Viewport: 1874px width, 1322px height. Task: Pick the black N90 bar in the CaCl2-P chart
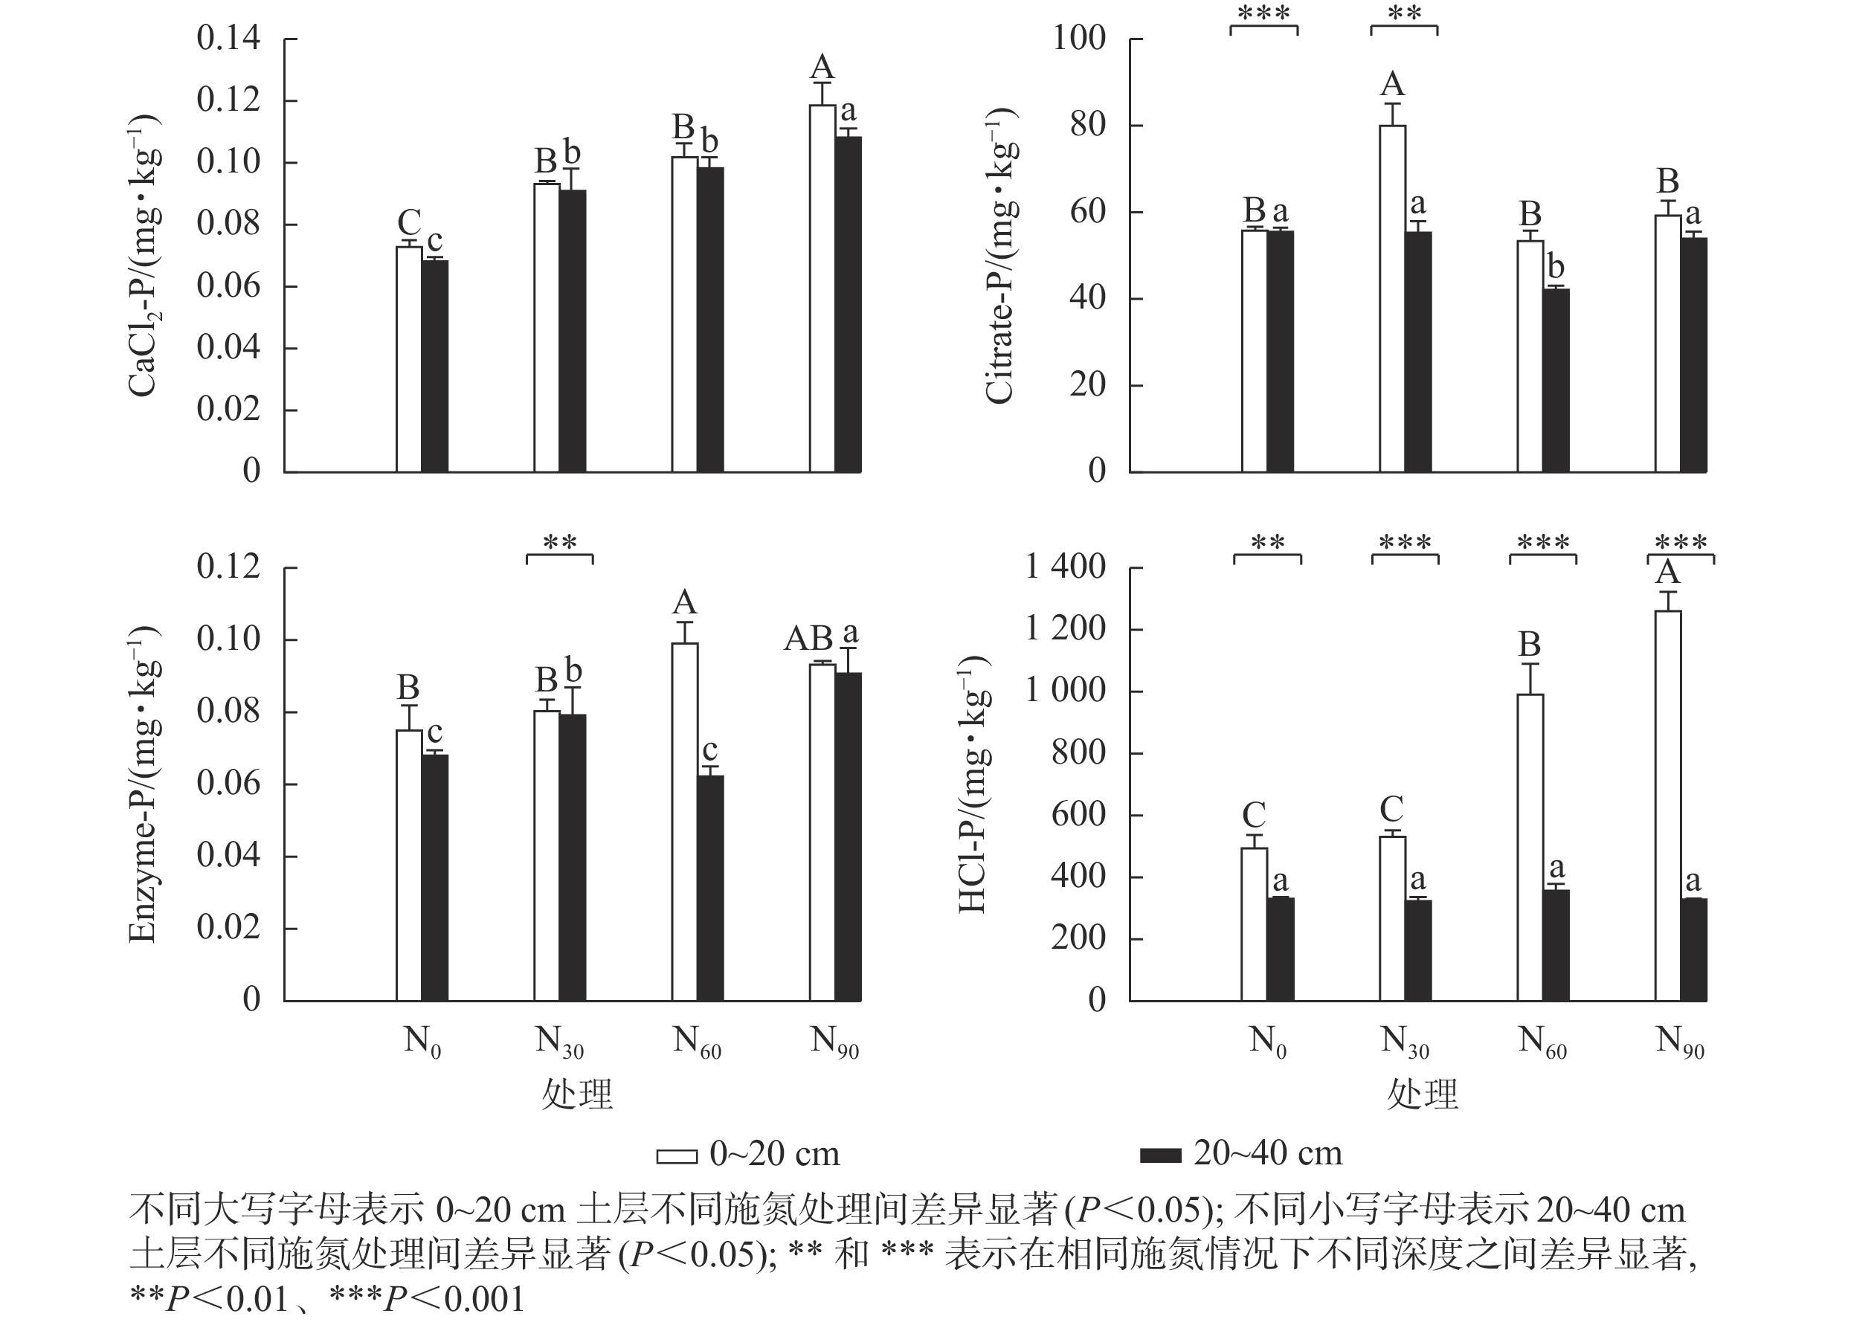[x=848, y=304]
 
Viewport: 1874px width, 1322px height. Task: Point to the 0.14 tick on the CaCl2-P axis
[x=228, y=39]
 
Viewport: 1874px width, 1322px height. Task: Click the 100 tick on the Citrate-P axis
[x=1079, y=39]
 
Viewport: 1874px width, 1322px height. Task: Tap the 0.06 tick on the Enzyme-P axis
[x=228, y=784]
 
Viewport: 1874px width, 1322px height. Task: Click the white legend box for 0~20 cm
[x=677, y=1156]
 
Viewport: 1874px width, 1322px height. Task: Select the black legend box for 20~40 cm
[x=1160, y=1156]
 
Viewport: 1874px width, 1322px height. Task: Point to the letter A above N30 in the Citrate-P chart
[x=1392, y=84]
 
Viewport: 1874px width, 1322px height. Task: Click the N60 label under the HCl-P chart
[x=1541, y=1042]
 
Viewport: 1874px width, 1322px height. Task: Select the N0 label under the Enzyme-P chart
[x=422, y=1042]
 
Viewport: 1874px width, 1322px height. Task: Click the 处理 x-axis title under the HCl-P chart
[x=1422, y=1094]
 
